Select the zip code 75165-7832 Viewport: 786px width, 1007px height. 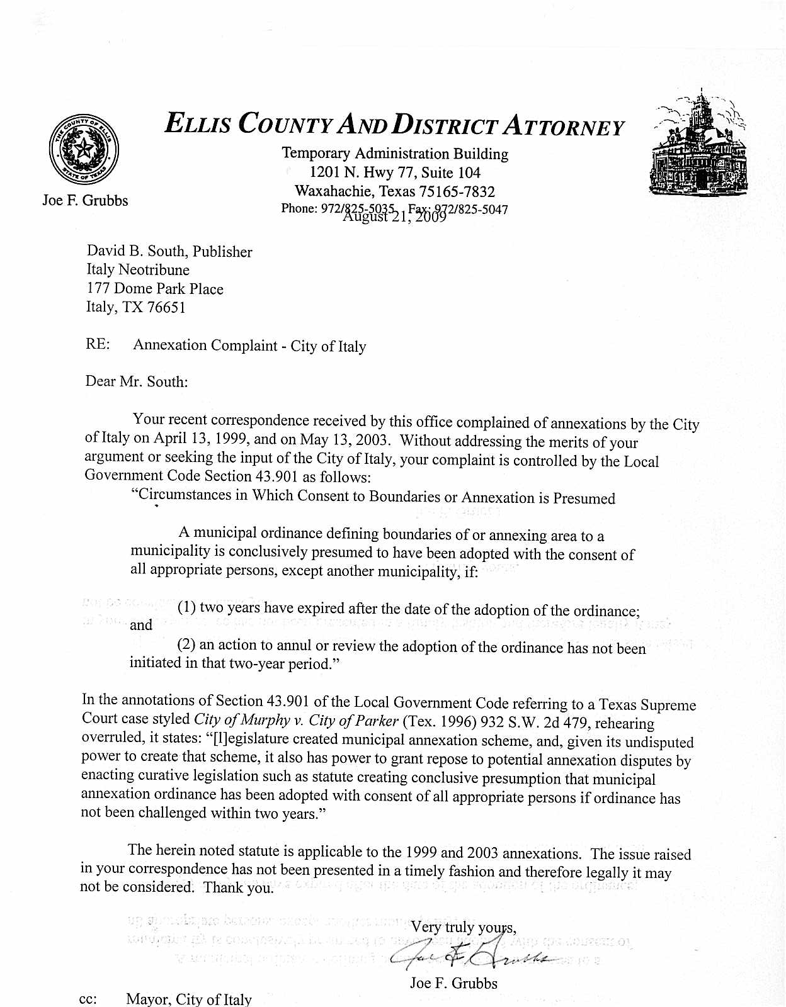click(457, 191)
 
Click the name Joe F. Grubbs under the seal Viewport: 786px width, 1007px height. click(85, 201)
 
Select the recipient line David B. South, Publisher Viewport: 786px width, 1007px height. click(169, 252)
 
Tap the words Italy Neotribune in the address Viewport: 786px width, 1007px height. click(137, 270)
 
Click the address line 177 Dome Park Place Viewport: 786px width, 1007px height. click(154, 289)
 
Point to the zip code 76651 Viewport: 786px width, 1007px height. click(166, 308)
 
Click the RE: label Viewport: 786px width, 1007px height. click(98, 345)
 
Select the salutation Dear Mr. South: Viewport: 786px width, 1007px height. click(136, 381)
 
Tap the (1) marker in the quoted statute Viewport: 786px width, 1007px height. click(186, 608)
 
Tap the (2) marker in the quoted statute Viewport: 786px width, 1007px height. click(186, 644)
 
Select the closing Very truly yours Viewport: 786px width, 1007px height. click(463, 927)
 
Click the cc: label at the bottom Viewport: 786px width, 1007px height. click(88, 999)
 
